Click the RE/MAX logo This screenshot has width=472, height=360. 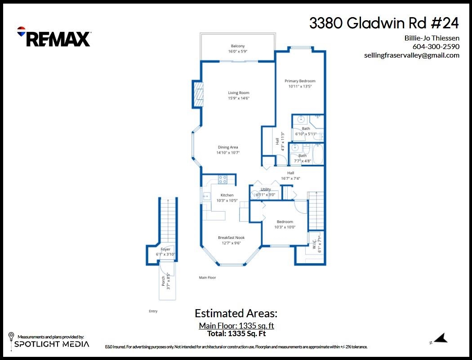point(54,37)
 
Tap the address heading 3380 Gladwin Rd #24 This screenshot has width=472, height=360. point(384,23)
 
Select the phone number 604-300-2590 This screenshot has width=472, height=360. point(436,46)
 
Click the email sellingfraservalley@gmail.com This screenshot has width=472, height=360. point(412,55)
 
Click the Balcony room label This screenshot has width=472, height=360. point(238,46)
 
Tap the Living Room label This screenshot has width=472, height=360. point(238,93)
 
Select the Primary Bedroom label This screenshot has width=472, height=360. point(300,81)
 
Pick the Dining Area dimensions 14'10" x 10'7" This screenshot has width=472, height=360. point(228,153)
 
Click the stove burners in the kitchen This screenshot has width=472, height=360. point(223,180)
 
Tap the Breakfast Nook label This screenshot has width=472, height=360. point(231,238)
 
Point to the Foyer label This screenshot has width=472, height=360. point(165,249)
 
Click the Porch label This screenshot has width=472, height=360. point(163,281)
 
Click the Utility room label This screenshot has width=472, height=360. point(266,189)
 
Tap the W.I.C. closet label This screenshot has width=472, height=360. point(314,245)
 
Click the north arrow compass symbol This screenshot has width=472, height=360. point(441,338)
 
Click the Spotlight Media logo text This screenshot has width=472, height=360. point(52,344)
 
